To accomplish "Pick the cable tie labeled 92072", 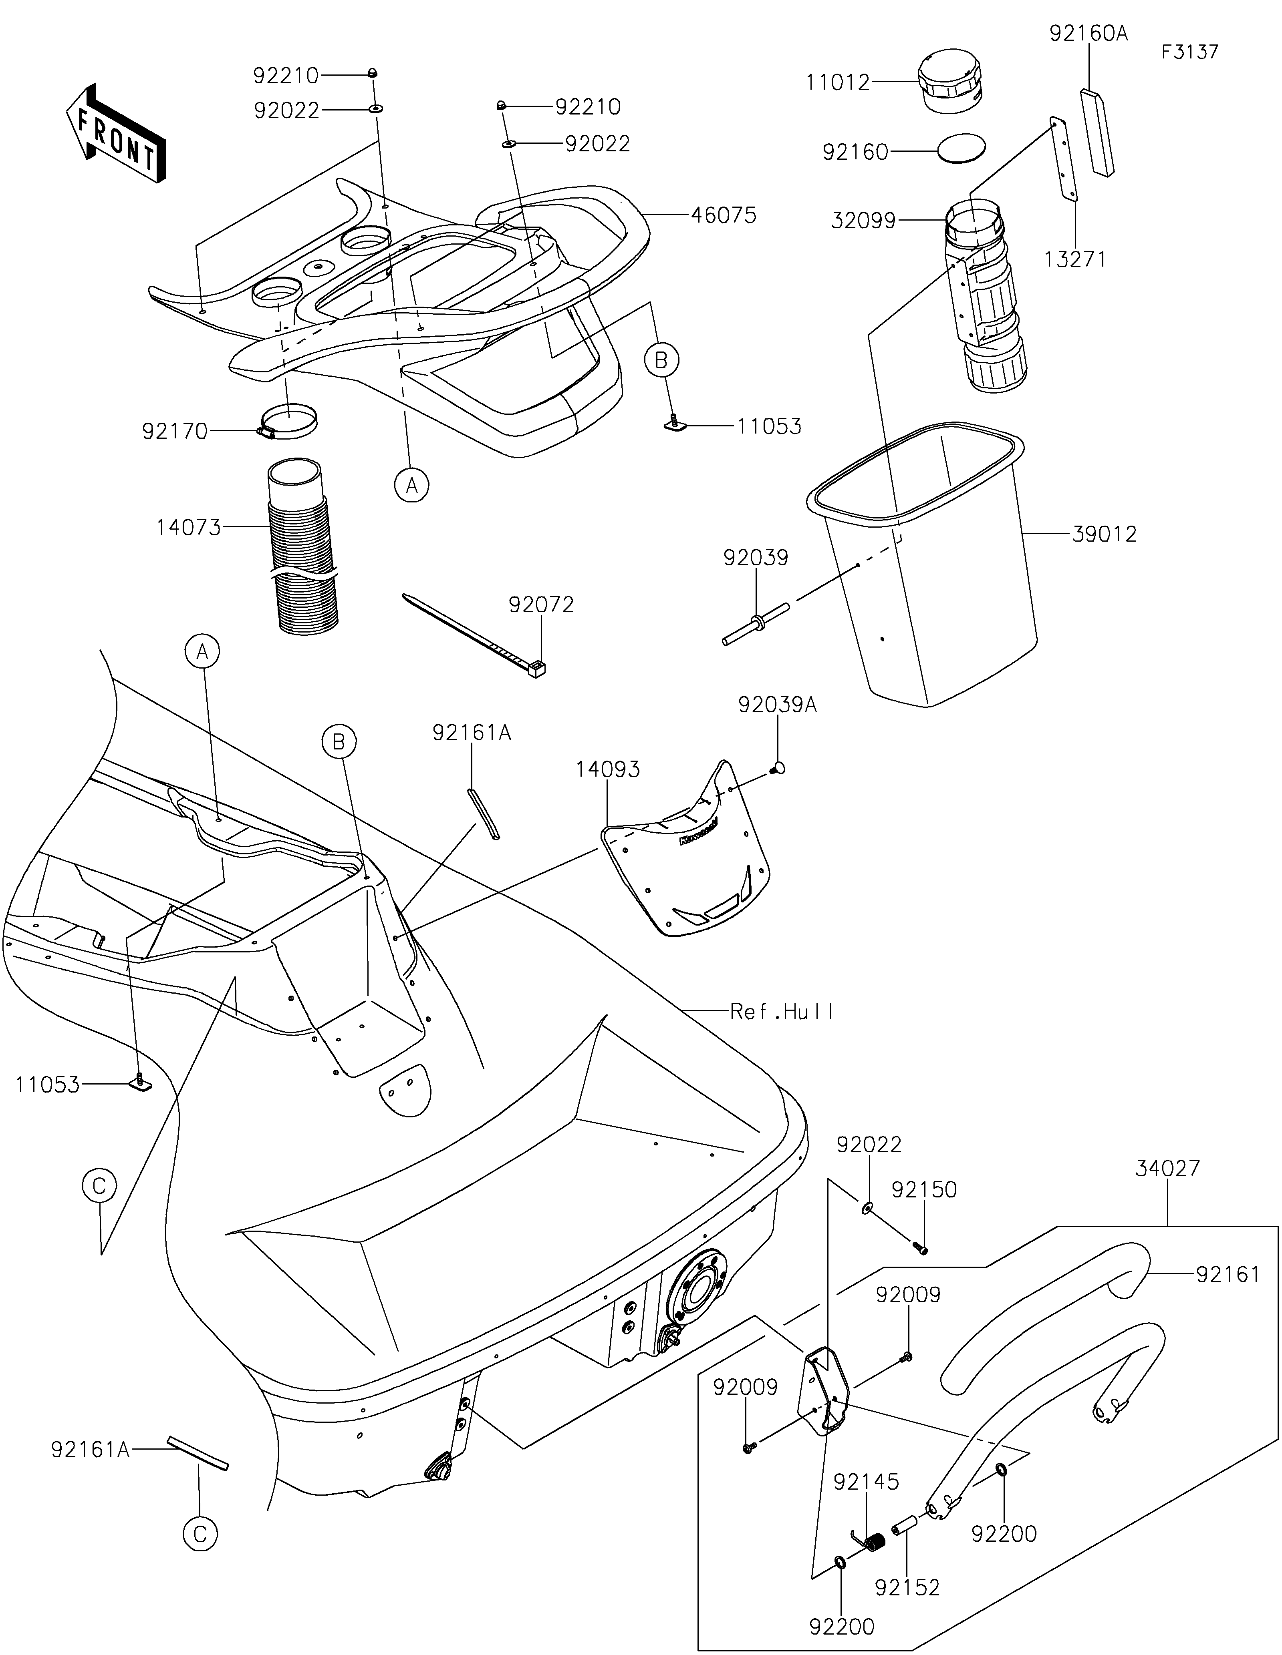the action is (x=474, y=633).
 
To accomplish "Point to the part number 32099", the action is (x=863, y=221).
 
